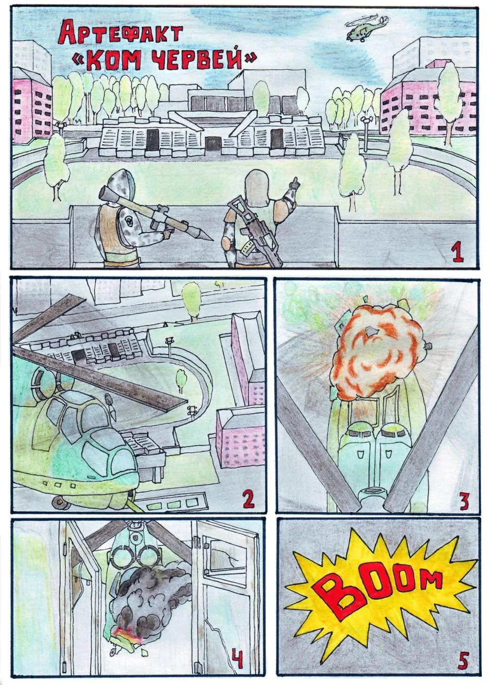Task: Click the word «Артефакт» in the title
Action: pyautogui.click(x=121, y=35)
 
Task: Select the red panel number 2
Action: pyautogui.click(x=247, y=498)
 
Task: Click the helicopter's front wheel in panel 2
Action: pyautogui.click(x=57, y=501)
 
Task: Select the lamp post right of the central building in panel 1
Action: pyautogui.click(x=366, y=134)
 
